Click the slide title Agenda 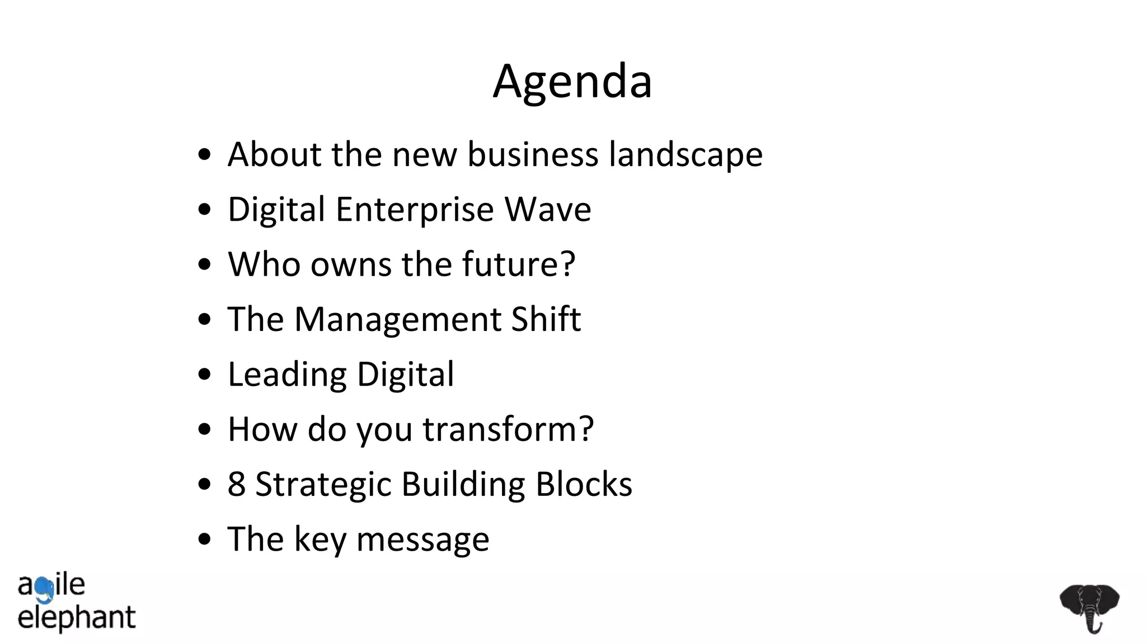pos(572,82)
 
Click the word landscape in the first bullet pos(685,154)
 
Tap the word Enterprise pos(415,210)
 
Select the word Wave pos(548,210)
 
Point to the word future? pos(519,264)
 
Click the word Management pos(397,320)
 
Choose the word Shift pos(546,319)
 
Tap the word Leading pos(287,375)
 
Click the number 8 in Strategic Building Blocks pos(237,484)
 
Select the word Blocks pos(584,484)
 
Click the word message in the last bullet pos(422,539)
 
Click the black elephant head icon pos(1089,608)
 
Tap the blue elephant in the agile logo pos(44,589)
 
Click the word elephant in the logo pos(77,618)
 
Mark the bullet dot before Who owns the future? pos(205,264)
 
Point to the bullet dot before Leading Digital pos(205,375)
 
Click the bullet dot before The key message pos(205,539)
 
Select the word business pos(533,154)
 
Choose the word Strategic pos(323,484)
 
